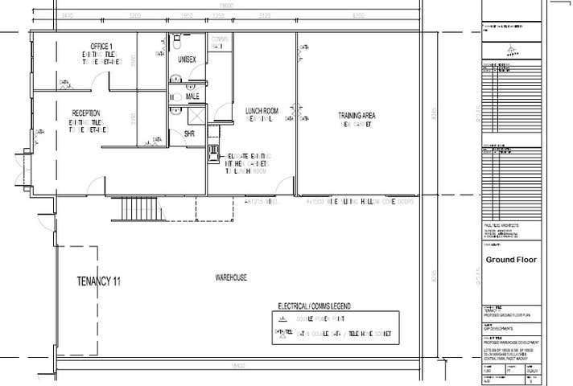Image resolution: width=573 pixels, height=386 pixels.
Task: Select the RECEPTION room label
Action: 85,113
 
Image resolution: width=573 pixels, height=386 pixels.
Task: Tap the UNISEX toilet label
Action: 188,60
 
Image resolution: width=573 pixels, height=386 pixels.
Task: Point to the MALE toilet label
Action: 192,96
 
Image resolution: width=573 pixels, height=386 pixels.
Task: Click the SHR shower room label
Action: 190,133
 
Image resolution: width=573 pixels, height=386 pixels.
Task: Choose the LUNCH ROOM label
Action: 262,110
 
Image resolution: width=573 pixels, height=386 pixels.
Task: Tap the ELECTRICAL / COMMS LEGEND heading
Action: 319,306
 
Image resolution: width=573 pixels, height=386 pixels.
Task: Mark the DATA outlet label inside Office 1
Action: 63,82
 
